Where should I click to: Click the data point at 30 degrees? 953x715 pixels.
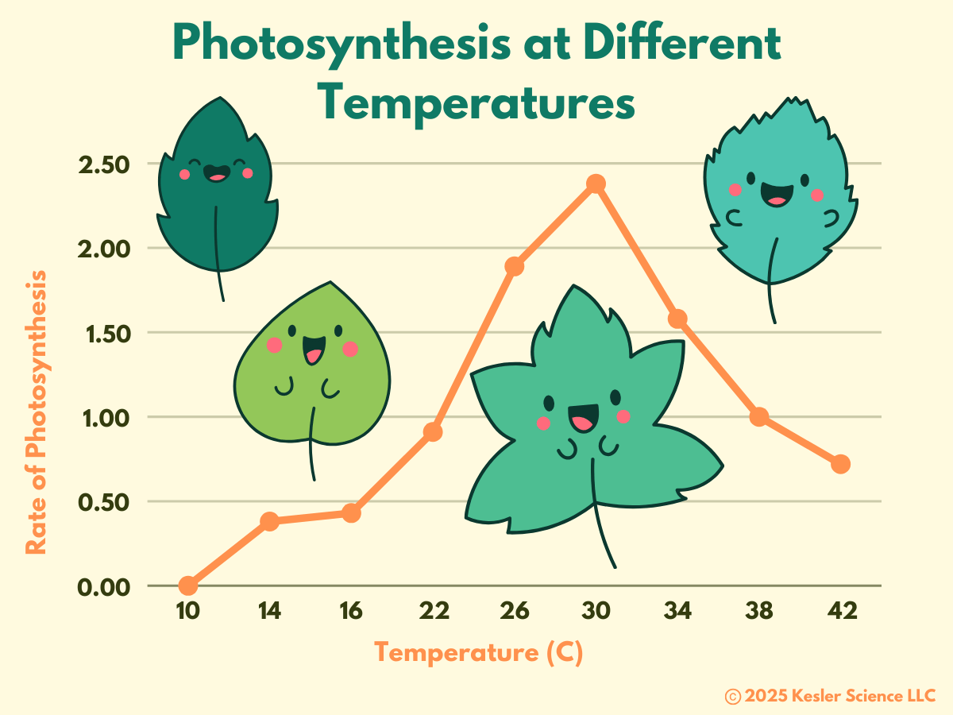pos(596,184)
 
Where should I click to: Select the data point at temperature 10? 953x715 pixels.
pos(188,586)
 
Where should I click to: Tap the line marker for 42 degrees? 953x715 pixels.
pos(841,464)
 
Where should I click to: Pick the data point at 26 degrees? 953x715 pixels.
pos(515,266)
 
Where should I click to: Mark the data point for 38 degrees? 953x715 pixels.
pos(759,416)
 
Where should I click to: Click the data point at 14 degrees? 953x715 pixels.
pos(270,521)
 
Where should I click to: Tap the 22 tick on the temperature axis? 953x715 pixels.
pos(433,611)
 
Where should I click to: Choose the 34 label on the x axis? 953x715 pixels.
pos(677,611)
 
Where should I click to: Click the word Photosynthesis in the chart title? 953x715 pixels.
pos(341,44)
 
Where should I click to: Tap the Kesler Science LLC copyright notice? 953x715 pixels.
pos(830,696)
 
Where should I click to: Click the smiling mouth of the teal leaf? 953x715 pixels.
pos(777,195)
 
